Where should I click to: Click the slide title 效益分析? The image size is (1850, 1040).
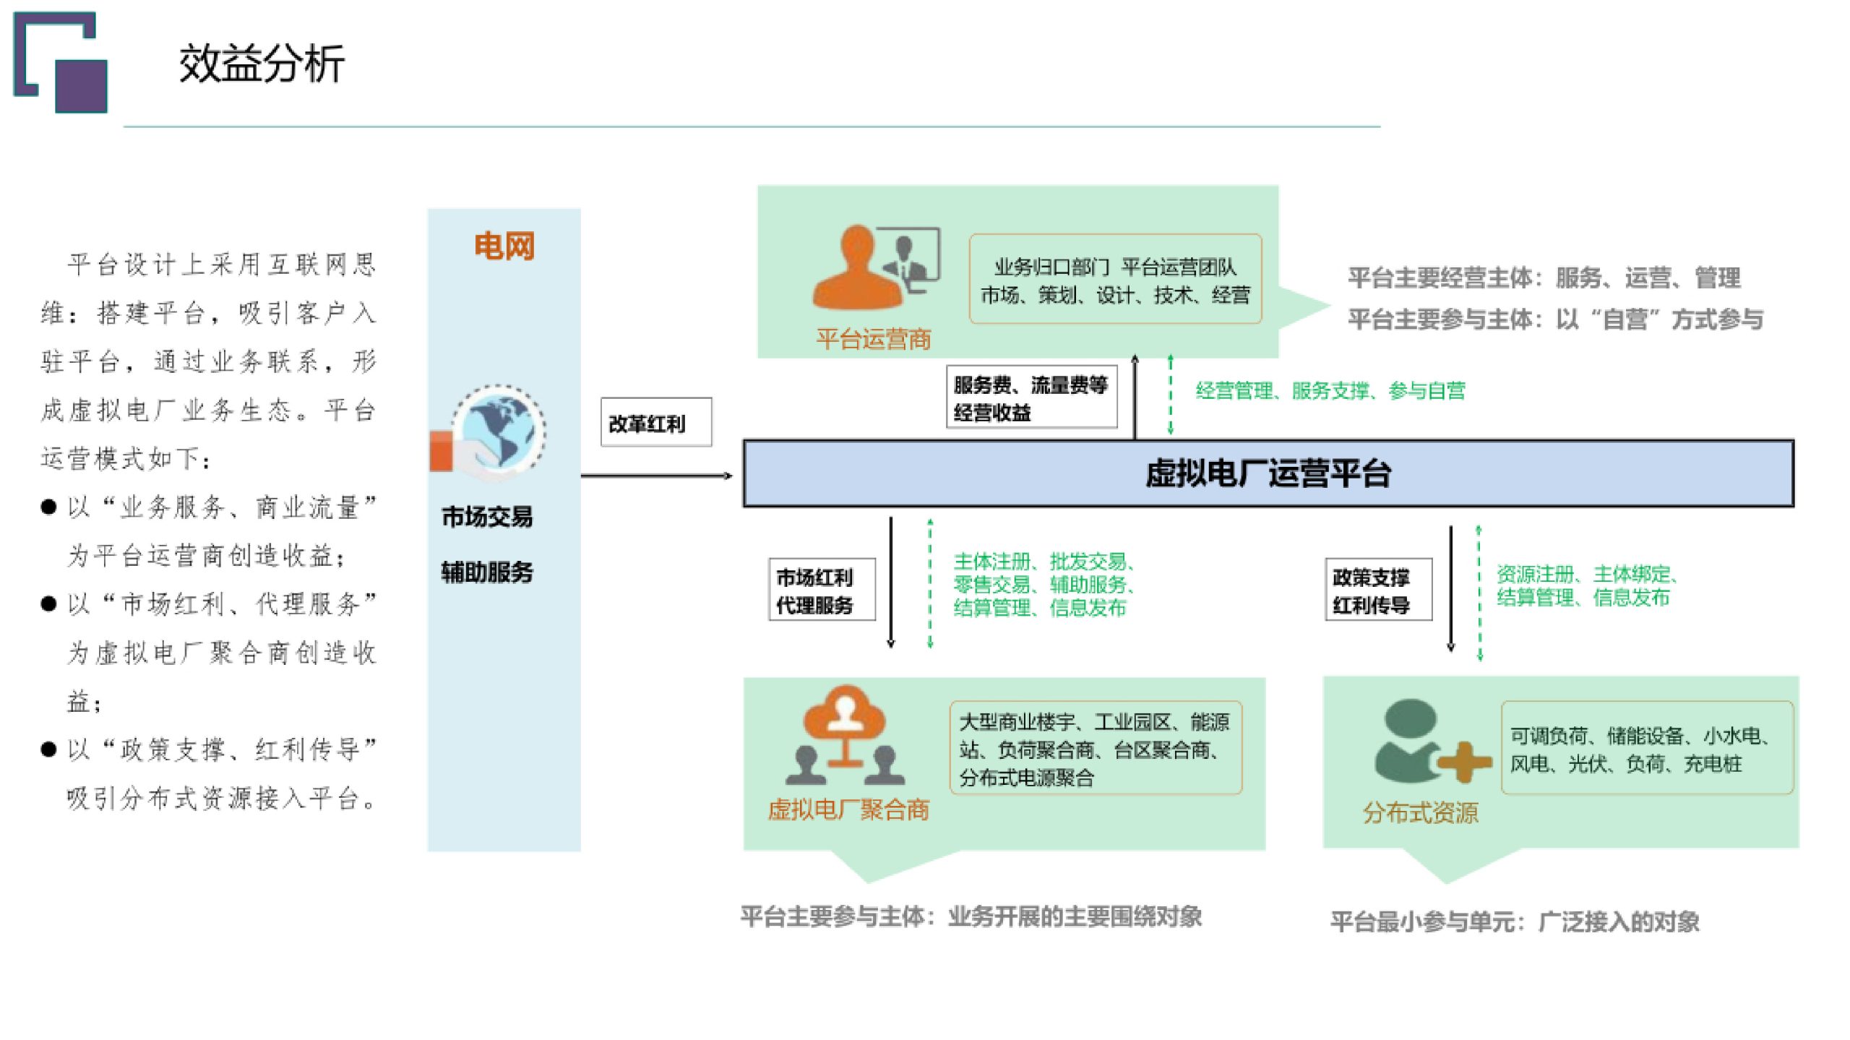coord(262,64)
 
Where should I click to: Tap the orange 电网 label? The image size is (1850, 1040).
coord(504,246)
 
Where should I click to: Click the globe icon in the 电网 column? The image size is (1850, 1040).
coord(499,431)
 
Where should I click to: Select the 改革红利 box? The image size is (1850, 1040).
coord(655,423)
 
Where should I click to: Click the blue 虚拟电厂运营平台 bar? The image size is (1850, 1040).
coord(1268,473)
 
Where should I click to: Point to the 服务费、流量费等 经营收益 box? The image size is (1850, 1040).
coord(1031,398)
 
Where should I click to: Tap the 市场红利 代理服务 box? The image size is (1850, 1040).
coord(821,590)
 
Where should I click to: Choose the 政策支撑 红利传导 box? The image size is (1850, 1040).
coord(1377,590)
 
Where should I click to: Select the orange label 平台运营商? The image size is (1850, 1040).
coord(873,339)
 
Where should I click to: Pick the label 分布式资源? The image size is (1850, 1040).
coord(1420,813)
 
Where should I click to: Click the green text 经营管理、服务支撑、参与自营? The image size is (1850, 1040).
coord(1330,391)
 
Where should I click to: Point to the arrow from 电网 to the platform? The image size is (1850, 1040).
coord(656,476)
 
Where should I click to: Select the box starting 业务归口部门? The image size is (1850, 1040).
coord(1114,280)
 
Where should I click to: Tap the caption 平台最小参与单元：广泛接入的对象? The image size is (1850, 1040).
coord(1515,921)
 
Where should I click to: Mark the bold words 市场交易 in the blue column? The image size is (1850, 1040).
coord(487,517)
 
